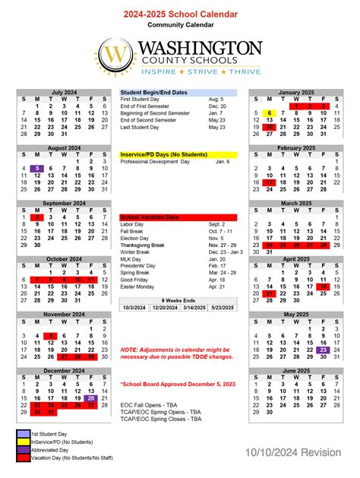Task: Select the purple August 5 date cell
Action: (x=36, y=169)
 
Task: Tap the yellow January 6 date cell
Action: (x=269, y=112)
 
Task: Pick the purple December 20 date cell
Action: (x=91, y=397)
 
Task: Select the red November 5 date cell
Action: (x=51, y=336)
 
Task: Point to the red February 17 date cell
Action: (x=269, y=182)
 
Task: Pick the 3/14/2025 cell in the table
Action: (x=194, y=308)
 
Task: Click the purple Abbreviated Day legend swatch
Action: (x=23, y=450)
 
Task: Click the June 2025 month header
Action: (x=296, y=371)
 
